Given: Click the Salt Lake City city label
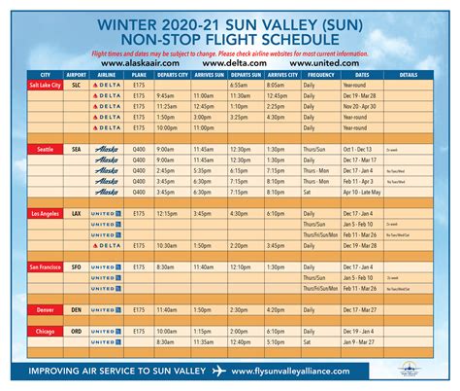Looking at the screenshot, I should click(44, 85).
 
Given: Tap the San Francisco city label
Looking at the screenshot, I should click(44, 266).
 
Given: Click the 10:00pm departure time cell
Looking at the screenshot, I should click(166, 127).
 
